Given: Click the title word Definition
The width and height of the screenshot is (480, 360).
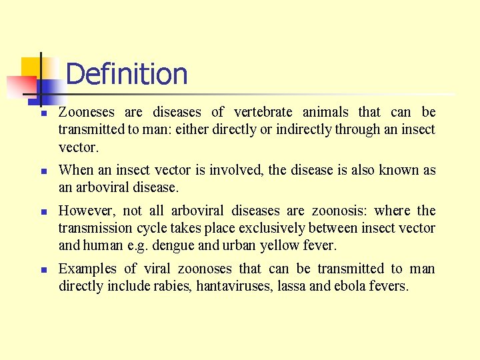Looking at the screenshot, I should [x=127, y=74].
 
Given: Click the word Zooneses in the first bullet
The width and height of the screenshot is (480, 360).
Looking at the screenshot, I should [x=87, y=112].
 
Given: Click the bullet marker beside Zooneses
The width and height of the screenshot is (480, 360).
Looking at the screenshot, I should [x=42, y=113].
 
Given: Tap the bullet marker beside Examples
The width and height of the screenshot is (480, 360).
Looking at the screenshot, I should [x=42, y=270].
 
